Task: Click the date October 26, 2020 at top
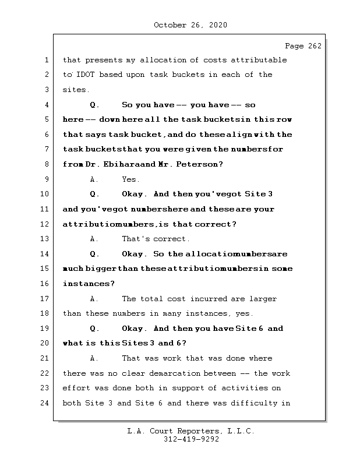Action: [190, 25]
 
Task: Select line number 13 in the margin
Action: [45, 239]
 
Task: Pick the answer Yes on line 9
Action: [130, 179]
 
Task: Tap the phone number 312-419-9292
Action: [191, 440]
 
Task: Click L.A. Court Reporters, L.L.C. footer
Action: [191, 431]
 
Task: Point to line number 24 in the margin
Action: [45, 403]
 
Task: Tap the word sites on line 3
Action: [76, 90]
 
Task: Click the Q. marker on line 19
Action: [94, 329]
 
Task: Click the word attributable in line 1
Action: [259, 60]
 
